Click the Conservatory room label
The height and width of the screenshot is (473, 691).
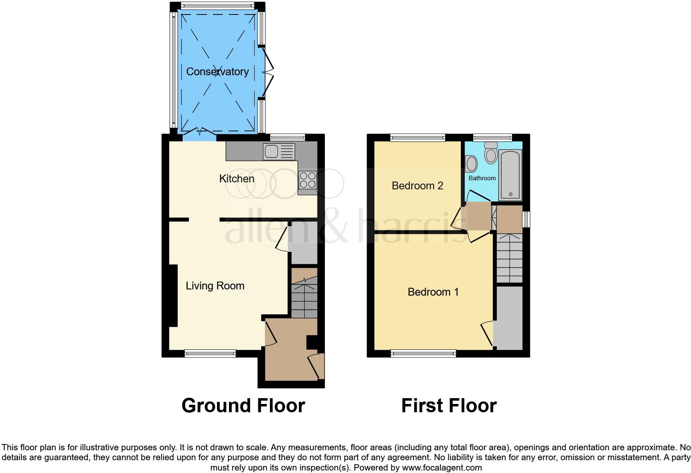[x=217, y=72]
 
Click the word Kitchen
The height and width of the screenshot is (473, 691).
[x=236, y=179]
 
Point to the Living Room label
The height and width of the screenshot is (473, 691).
[x=215, y=286]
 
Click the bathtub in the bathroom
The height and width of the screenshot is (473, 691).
[x=510, y=175]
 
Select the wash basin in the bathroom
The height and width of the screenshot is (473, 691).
[x=471, y=164]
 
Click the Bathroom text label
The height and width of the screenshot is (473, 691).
[x=482, y=178]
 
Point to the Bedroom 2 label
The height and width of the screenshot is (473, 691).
[x=417, y=186]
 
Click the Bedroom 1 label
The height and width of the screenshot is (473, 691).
[x=433, y=292]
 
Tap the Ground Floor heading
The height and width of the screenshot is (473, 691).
[x=243, y=406]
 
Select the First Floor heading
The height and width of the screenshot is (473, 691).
[x=449, y=406]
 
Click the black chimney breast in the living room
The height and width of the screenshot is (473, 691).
[x=172, y=295]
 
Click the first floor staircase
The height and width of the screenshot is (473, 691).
[x=509, y=258]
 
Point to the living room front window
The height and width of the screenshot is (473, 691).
[x=210, y=353]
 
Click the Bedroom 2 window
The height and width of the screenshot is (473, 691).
[x=417, y=138]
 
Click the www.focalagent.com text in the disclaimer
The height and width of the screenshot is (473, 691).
[x=442, y=468]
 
